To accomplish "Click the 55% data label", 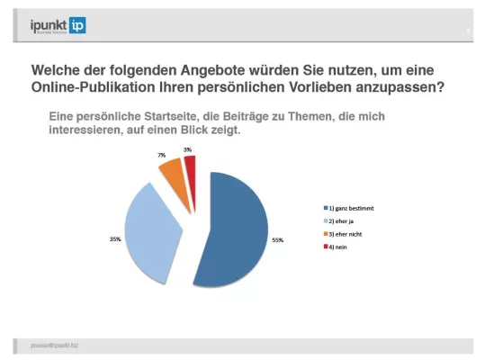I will [x=277, y=240].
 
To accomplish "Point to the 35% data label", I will [x=114, y=239].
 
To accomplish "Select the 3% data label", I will [x=187, y=149].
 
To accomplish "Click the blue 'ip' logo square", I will [x=77, y=26].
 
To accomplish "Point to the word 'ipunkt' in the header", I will [x=46, y=25].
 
